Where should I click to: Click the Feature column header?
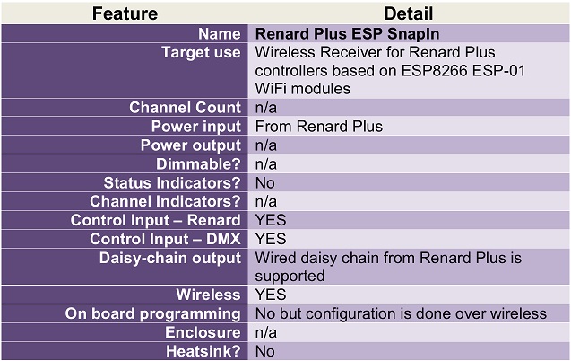click(125, 13)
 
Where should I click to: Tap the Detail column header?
click(408, 13)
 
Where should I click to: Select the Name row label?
click(220, 34)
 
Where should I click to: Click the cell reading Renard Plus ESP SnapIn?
click(347, 34)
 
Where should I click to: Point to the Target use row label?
click(201, 52)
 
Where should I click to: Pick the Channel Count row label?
click(185, 108)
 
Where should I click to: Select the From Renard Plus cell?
click(318, 127)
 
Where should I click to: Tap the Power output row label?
click(191, 145)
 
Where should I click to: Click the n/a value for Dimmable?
click(266, 164)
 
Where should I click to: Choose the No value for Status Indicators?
click(264, 183)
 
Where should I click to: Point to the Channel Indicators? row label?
click(165, 201)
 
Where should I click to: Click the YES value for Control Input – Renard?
click(271, 220)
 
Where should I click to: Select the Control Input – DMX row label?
click(165, 239)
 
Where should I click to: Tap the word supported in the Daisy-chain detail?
click(290, 277)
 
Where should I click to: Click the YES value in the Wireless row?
click(271, 295)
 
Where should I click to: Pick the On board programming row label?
click(153, 314)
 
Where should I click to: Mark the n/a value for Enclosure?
click(266, 332)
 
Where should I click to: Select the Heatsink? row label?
click(203, 351)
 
